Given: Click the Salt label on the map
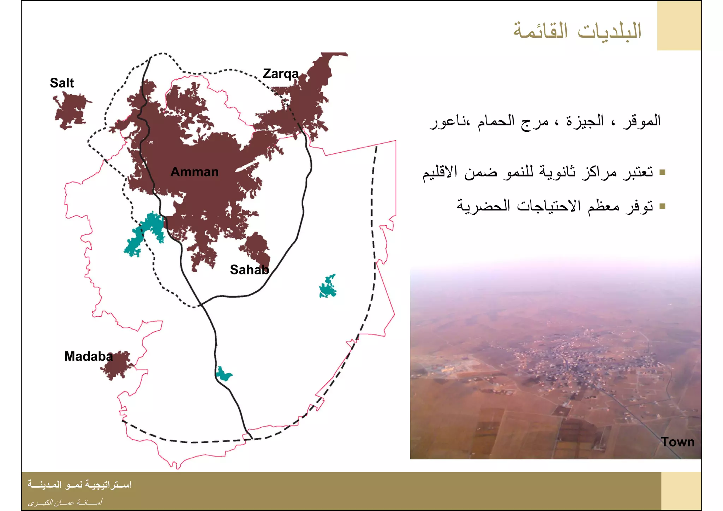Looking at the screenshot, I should [x=62, y=83].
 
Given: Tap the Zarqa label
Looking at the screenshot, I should [x=281, y=74].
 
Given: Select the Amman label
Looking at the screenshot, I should [x=195, y=172].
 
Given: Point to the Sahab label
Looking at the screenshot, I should [x=249, y=270].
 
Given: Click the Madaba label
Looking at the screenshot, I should [x=88, y=356].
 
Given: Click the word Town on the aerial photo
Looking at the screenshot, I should [x=677, y=442].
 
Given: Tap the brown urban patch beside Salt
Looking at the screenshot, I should [x=71, y=110].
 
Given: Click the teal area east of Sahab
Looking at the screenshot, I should [x=328, y=287].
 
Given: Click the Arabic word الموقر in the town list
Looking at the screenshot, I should [x=642, y=121].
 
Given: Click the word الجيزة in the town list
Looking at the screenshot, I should [x=585, y=121].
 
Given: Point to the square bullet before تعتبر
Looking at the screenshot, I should [x=662, y=173].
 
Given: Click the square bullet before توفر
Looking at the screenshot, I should [x=662, y=206].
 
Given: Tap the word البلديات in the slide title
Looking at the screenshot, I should [x=610, y=31].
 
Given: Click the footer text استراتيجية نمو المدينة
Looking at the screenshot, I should [x=80, y=485].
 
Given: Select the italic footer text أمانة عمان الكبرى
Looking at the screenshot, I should [x=65, y=502].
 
